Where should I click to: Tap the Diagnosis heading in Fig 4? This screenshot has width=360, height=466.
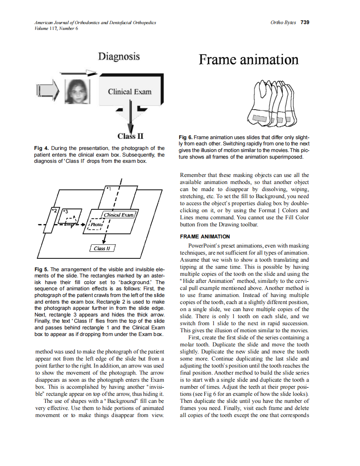tap(119, 56)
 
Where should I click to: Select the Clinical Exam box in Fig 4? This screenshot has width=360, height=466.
tap(130, 92)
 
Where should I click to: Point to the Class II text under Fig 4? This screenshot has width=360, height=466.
tap(131, 136)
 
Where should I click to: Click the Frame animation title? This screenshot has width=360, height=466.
tap(248, 60)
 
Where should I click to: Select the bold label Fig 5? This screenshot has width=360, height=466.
tap(41, 269)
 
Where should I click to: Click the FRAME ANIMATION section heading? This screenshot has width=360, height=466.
tap(205, 237)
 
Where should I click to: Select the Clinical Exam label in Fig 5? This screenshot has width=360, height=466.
tap(118, 215)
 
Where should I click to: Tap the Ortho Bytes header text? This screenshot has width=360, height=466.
tap(283, 22)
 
